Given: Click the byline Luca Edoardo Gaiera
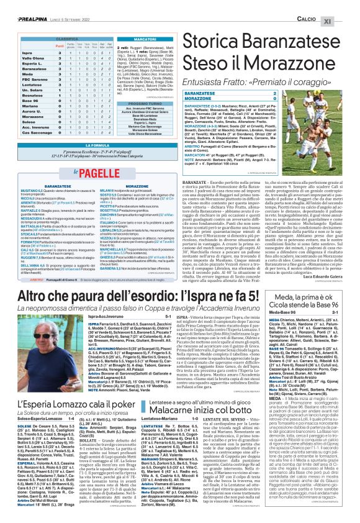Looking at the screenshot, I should click(332, 258).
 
